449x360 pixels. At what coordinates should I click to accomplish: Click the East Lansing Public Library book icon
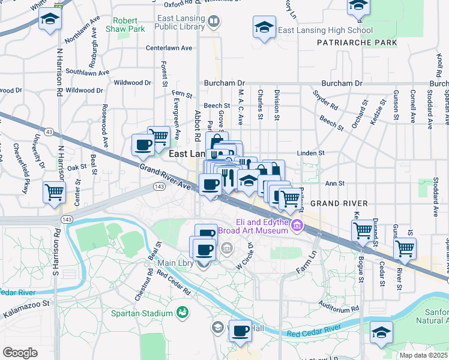point(213,22)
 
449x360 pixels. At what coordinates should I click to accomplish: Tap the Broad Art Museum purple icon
point(297,226)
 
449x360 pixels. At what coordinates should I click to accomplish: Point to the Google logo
point(20,353)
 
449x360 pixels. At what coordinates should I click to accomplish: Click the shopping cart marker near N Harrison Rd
point(54,193)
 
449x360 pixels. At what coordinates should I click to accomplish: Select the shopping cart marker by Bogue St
point(363,230)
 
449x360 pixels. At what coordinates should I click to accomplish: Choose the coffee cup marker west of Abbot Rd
point(143,145)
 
